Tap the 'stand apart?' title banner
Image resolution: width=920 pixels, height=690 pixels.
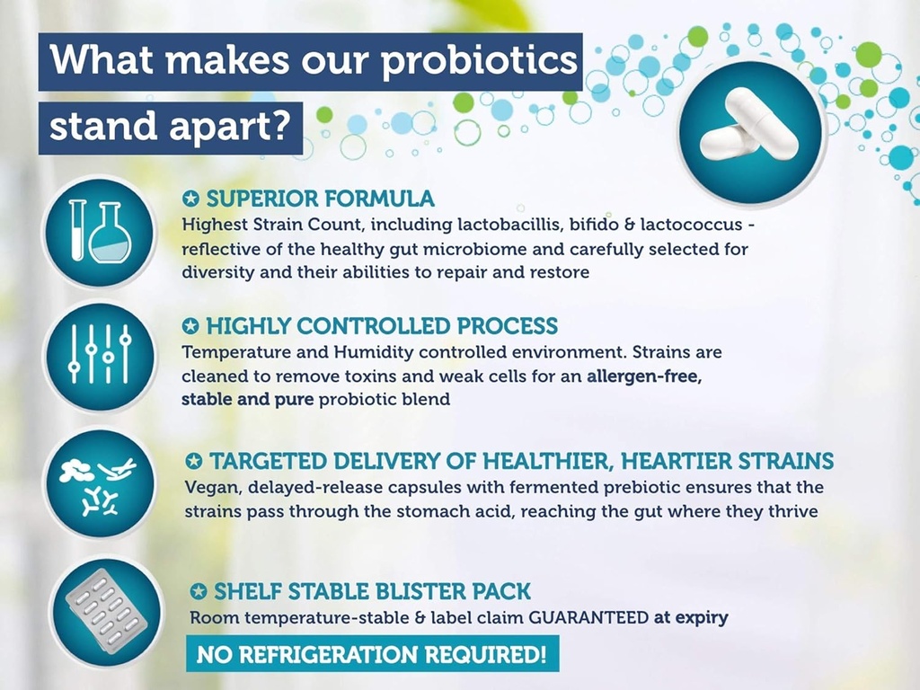tap(171, 127)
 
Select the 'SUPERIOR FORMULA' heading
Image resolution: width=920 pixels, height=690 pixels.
tap(320, 199)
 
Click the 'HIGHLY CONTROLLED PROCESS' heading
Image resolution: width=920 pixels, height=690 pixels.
tap(381, 325)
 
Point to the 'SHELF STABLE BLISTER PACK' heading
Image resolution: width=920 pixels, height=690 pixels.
tap(372, 591)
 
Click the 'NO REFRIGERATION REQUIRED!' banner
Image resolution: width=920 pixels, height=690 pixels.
tap(372, 653)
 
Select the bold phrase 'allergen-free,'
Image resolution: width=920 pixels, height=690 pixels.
tap(643, 376)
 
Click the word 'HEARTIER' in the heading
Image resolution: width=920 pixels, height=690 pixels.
tap(657, 462)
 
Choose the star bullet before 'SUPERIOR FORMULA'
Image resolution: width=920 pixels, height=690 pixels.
tap(190, 199)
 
